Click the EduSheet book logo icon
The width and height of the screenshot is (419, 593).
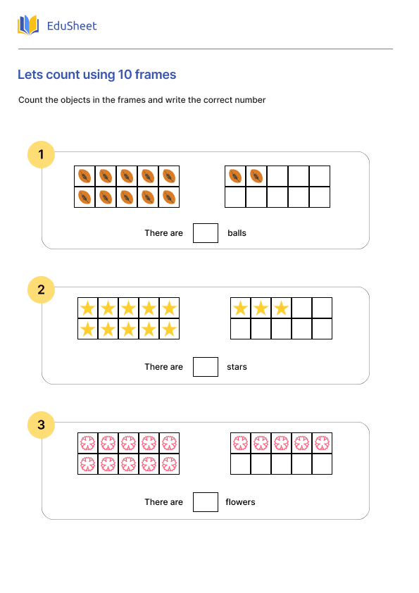(28, 26)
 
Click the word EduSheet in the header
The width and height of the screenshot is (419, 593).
(71, 26)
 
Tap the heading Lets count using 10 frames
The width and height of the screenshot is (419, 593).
(96, 75)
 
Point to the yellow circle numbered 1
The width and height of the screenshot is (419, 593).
(42, 155)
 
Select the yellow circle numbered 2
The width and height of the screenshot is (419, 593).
(42, 289)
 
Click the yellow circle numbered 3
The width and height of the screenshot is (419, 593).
(42, 425)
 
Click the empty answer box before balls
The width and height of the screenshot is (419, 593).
(206, 232)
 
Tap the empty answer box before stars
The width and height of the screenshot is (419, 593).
(206, 367)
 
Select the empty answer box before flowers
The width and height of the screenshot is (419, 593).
(206, 502)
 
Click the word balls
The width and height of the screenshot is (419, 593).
(237, 233)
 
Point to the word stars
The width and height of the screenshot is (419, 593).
(237, 367)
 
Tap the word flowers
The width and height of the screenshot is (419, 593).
(240, 502)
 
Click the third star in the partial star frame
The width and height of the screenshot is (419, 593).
(282, 308)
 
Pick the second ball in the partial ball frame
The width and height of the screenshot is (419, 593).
(256, 176)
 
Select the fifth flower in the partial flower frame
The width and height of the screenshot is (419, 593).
(322, 444)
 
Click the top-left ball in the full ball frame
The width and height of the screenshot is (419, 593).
(85, 176)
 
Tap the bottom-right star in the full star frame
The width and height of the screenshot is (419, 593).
(169, 329)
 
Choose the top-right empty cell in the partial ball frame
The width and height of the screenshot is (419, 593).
(320, 176)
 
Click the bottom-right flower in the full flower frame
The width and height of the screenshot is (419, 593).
(169, 464)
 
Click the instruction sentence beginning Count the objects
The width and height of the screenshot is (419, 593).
(142, 100)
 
